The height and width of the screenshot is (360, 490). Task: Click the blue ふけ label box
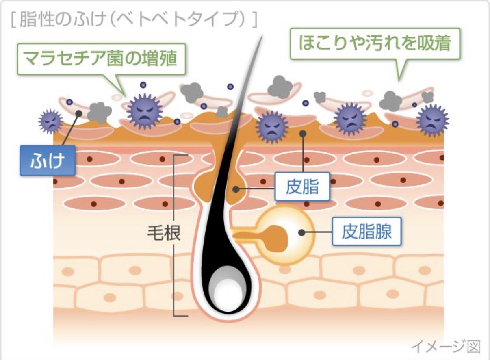[48, 160]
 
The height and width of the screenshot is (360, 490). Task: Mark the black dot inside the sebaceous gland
[301, 233]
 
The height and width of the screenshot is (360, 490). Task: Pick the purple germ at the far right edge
[432, 119]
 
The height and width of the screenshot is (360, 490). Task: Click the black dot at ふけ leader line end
[79, 114]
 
